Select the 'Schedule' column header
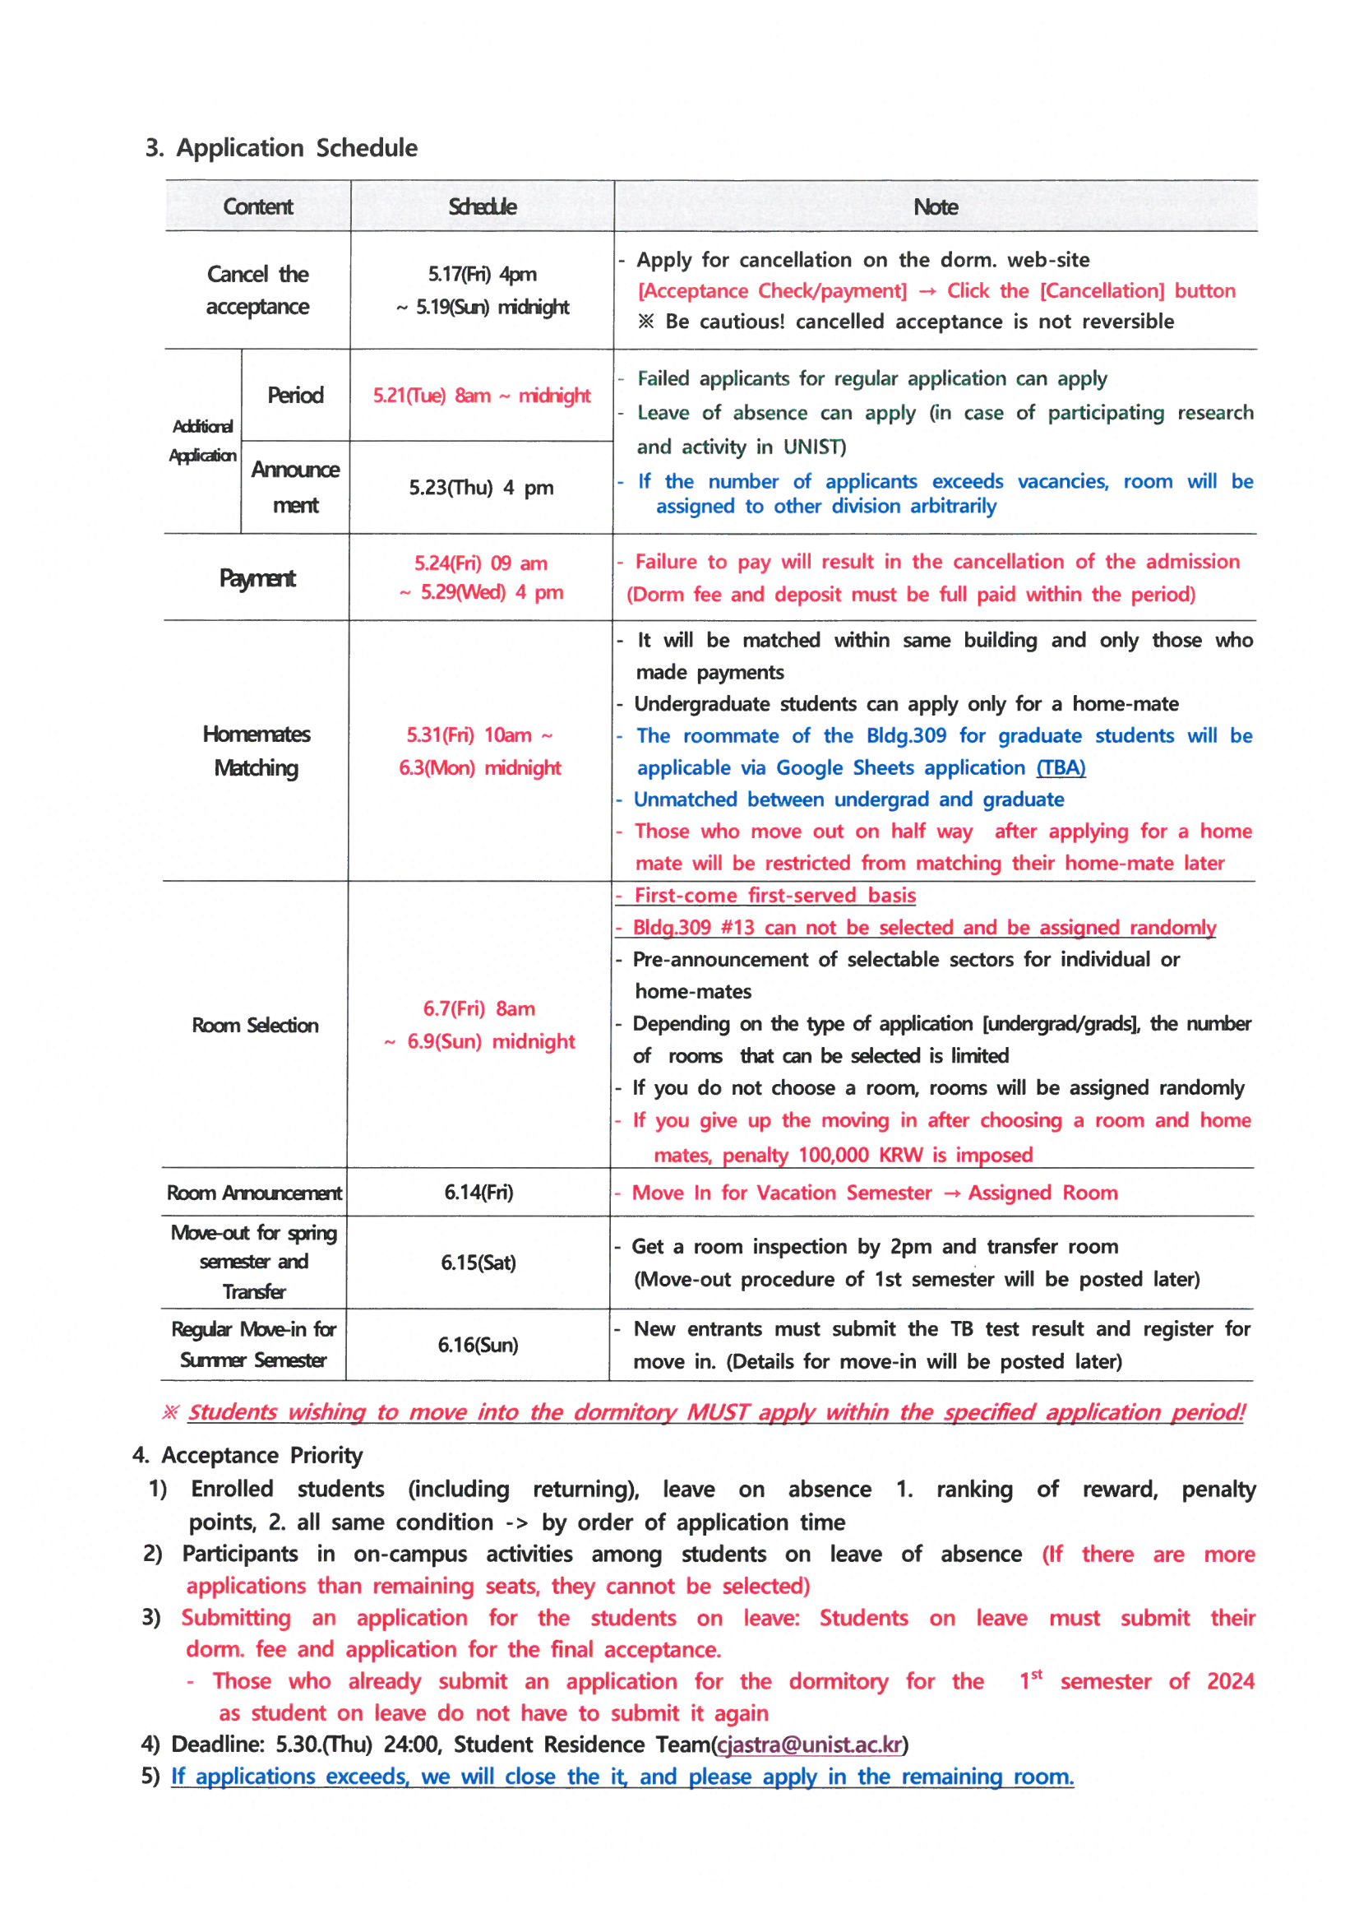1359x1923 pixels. click(483, 207)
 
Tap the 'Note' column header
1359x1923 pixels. click(936, 207)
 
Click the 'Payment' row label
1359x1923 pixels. click(257, 579)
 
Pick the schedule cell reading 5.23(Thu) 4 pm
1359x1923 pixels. click(481, 488)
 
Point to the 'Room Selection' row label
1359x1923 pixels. click(255, 1025)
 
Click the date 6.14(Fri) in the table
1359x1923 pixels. click(478, 1192)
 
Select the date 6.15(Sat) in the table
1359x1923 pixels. click(478, 1263)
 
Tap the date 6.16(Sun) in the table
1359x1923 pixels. click(478, 1345)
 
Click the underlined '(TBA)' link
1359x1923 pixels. click(1060, 768)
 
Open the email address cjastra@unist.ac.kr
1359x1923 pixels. click(810, 1745)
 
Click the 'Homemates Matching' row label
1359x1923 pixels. click(257, 751)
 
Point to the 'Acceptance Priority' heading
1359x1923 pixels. click(261, 1456)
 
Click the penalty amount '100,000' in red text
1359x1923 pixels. click(833, 1156)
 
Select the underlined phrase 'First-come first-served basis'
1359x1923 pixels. click(774, 897)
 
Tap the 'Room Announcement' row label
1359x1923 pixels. click(254, 1193)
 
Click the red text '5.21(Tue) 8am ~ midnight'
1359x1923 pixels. click(482, 396)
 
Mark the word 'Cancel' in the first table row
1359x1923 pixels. click(238, 275)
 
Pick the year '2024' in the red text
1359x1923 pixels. click(1230, 1682)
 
